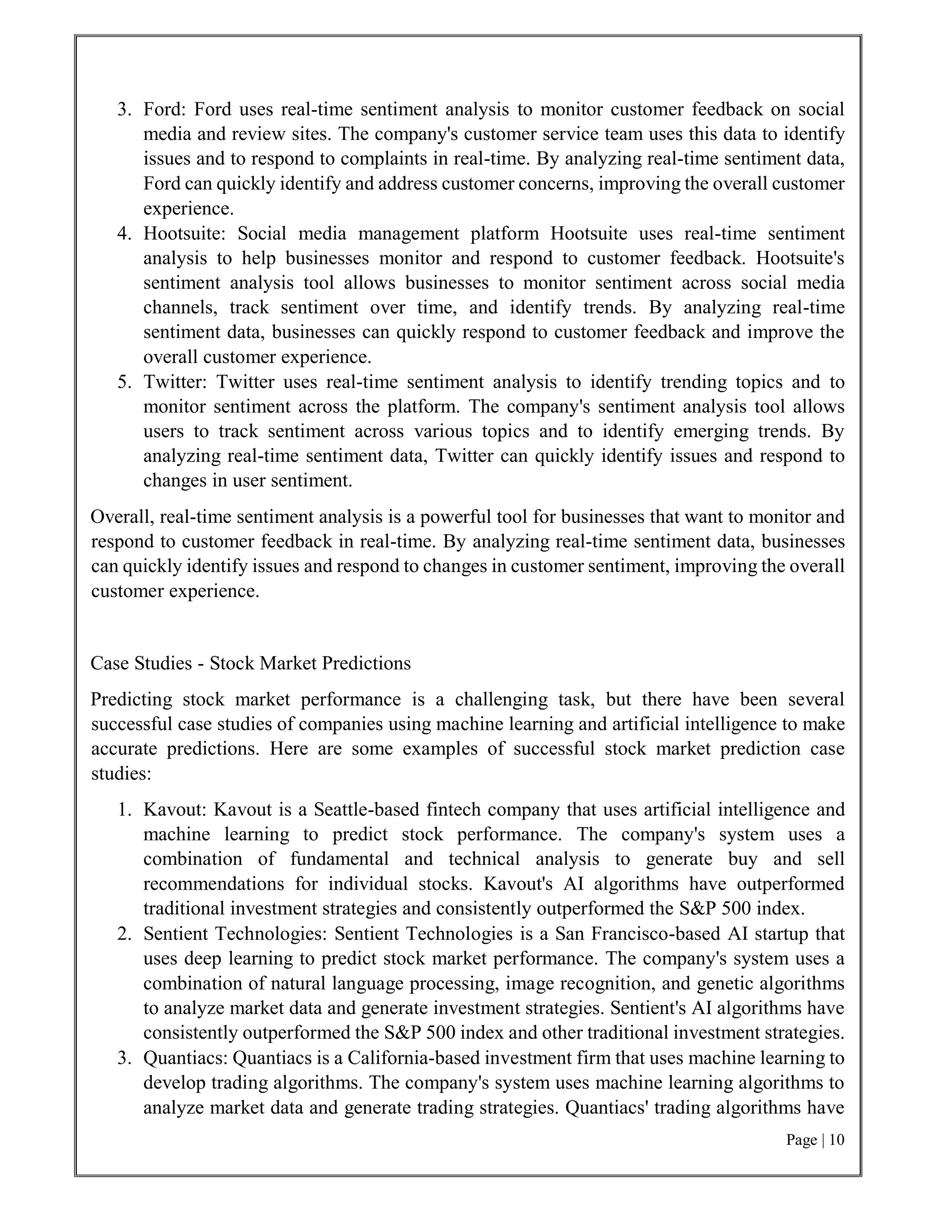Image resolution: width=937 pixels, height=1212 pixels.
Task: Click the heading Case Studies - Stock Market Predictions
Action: tap(250, 663)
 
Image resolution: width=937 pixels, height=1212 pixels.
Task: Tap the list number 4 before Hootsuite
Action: tap(123, 234)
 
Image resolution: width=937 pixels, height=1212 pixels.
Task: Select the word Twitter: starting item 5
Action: tap(175, 382)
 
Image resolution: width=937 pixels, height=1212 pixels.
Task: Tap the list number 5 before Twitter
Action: tap(123, 382)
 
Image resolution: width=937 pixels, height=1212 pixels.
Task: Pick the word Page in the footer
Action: tap(801, 1140)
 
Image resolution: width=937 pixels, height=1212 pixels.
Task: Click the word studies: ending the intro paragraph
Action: tap(121, 773)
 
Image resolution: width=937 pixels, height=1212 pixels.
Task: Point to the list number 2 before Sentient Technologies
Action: tap(123, 934)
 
